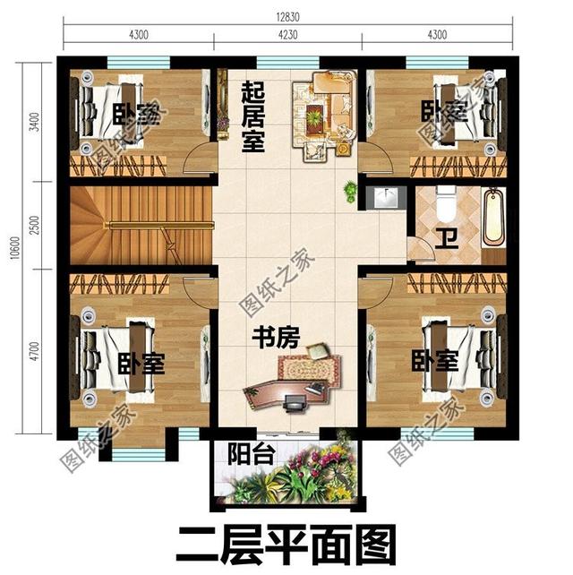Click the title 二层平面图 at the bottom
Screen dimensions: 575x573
coord(286,545)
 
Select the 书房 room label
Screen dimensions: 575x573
coord(275,338)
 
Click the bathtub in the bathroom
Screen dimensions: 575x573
coord(493,218)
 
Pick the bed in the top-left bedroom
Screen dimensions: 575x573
coord(112,114)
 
